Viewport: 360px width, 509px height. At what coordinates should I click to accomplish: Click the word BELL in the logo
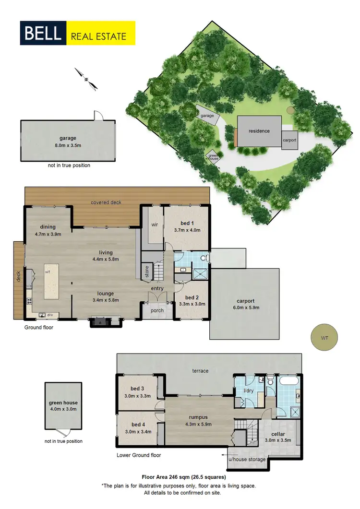click(x=44, y=33)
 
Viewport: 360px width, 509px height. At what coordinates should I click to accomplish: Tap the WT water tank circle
click(x=324, y=337)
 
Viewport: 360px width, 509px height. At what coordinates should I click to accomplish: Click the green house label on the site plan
click(x=212, y=156)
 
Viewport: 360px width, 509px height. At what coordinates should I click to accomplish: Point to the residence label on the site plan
click(x=259, y=131)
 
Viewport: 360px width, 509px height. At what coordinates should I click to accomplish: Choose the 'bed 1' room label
click(x=187, y=224)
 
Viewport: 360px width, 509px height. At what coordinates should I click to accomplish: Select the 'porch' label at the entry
click(x=157, y=310)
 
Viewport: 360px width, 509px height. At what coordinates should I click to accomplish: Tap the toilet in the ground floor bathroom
click(x=205, y=258)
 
